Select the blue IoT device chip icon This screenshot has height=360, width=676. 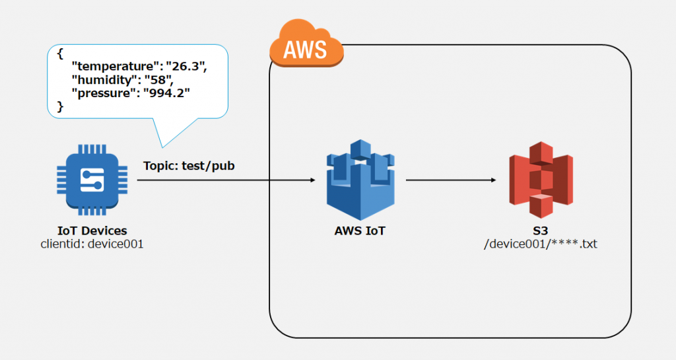(x=92, y=180)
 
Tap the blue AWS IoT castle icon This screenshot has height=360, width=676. (x=360, y=180)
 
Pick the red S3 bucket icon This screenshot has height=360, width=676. (x=541, y=180)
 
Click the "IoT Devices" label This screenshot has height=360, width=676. (x=92, y=231)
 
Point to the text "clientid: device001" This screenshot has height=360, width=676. (x=92, y=244)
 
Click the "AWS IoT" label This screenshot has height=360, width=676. (x=360, y=231)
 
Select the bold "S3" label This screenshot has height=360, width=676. (x=540, y=231)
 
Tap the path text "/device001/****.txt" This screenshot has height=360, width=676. (x=540, y=244)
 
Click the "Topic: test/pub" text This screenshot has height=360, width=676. (x=189, y=166)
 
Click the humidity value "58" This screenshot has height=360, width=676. (x=158, y=80)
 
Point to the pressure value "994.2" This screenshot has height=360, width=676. (x=166, y=93)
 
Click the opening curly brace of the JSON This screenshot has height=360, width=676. (x=60, y=54)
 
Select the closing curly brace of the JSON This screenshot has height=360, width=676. (x=60, y=106)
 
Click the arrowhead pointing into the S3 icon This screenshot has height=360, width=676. (x=494, y=180)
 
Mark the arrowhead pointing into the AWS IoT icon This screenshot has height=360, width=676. (x=313, y=180)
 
